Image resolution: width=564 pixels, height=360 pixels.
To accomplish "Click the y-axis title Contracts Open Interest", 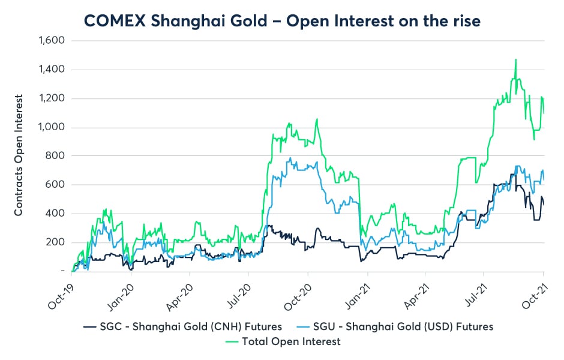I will tap(19, 155).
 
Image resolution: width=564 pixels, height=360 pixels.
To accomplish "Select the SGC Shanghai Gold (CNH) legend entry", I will tap(182, 326).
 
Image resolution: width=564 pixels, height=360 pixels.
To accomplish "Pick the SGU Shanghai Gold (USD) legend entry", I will tap(396, 326).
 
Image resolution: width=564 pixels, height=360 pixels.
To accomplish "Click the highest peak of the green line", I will tap(515, 59).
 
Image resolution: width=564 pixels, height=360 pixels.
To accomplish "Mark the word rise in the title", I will tap(463, 20).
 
